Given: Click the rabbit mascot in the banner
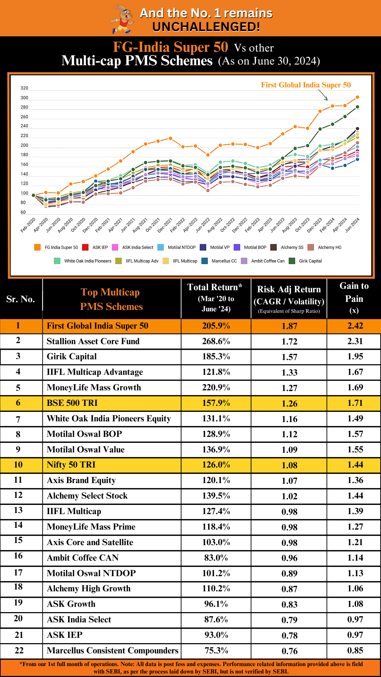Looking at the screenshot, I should (122, 19).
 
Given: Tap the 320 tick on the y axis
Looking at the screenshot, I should (24, 88).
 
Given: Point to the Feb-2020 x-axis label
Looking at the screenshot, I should (28, 225).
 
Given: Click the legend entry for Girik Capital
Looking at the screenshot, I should (306, 261).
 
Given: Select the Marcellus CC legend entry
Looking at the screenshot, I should (219, 261).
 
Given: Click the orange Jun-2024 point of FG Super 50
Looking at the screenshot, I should (357, 97).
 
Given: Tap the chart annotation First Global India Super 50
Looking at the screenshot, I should (306, 85).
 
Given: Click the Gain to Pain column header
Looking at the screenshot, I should (354, 298).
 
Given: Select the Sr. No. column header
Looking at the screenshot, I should (20, 299).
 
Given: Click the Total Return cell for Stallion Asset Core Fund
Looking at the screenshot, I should (216, 341).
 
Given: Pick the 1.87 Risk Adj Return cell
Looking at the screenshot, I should (289, 326).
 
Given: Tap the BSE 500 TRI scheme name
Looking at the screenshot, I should (72, 403).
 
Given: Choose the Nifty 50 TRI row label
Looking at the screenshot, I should (71, 465).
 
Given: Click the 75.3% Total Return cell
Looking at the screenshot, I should (216, 651).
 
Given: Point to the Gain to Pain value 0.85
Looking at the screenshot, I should (355, 651).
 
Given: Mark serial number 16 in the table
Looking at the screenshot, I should (18, 556).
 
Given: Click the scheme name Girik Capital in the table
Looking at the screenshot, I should (72, 356).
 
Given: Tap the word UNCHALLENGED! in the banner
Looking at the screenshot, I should (206, 27).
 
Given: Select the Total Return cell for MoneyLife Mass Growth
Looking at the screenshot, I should (216, 388).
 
